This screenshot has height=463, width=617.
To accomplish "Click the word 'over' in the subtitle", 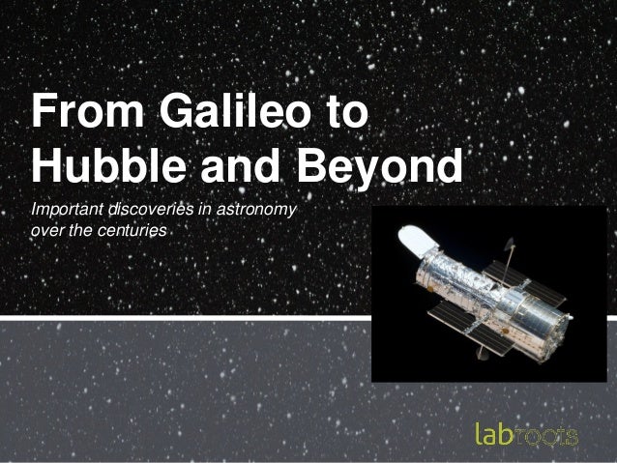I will click(x=46, y=232).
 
